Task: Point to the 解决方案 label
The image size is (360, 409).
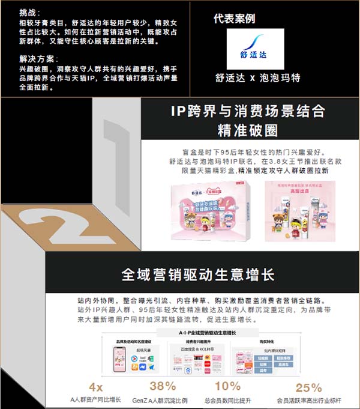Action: [37, 59]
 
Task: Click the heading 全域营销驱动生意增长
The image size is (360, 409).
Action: [197, 275]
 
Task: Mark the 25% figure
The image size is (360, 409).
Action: [308, 387]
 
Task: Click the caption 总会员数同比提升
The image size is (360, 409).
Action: [227, 399]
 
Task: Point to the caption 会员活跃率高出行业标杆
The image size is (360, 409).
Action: [308, 399]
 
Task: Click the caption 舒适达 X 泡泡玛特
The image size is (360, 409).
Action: [257, 78]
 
